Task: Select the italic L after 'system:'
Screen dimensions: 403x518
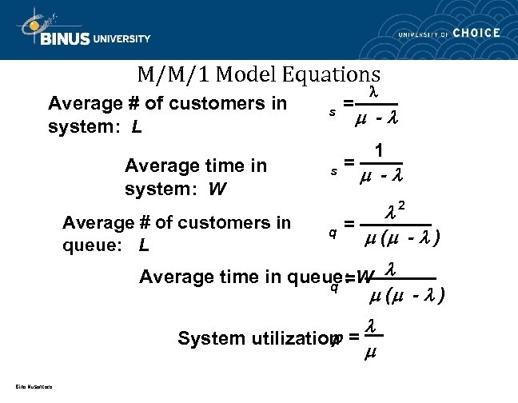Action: click(x=137, y=127)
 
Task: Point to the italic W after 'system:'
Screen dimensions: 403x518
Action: click(x=216, y=190)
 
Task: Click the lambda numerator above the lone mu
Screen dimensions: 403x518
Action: click(x=370, y=326)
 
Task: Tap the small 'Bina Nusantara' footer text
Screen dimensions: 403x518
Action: click(x=33, y=388)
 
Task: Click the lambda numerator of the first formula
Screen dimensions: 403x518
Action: click(x=373, y=92)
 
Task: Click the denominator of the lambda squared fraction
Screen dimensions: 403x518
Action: click(x=403, y=238)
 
